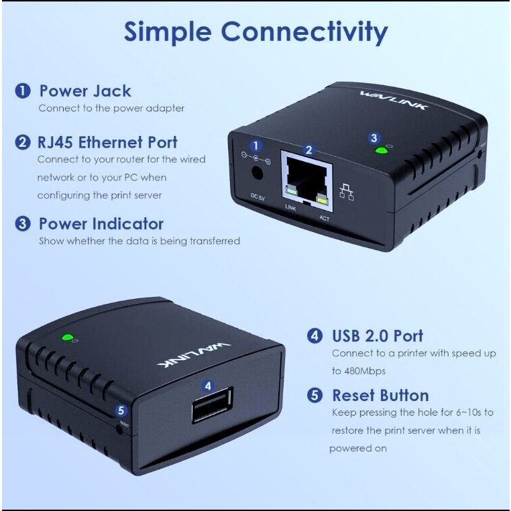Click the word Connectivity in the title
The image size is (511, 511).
pos(304,32)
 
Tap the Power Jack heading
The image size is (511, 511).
pos(84,91)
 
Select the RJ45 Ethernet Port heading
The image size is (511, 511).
pos(108,142)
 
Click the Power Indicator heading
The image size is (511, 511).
pos(101,223)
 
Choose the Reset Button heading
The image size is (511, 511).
pos(380,395)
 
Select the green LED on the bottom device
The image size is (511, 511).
pos(67,337)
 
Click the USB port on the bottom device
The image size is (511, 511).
pos(212,406)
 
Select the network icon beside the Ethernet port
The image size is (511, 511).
pos(347,192)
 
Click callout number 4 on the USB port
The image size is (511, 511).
pos(209,386)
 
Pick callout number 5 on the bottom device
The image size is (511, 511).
pos(121,410)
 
